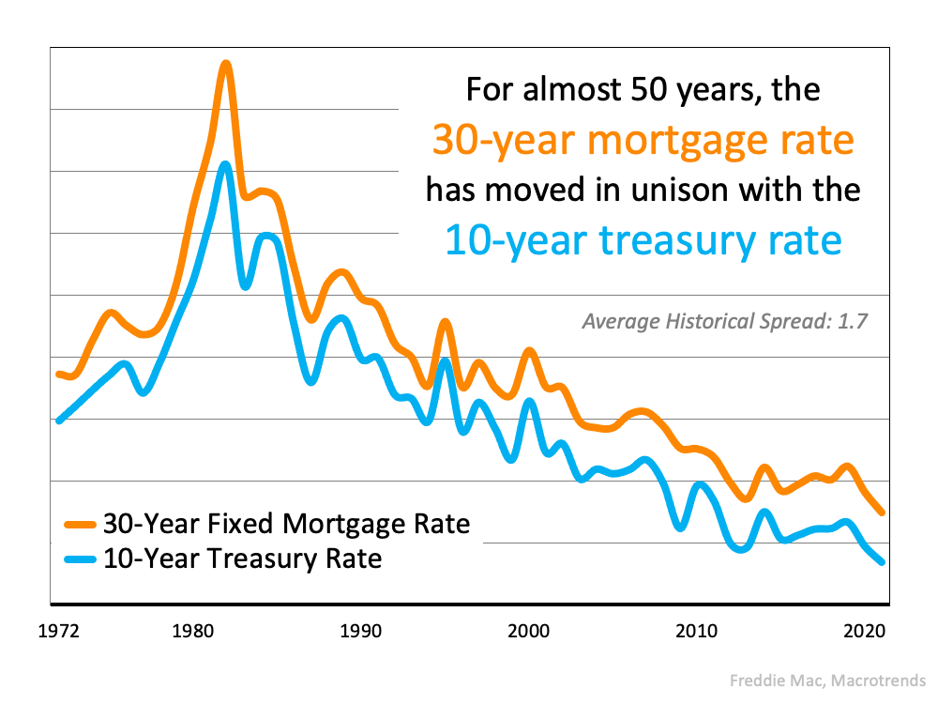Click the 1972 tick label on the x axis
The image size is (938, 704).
(x=60, y=631)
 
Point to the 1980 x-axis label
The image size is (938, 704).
(x=193, y=631)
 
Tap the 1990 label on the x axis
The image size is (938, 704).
(x=360, y=631)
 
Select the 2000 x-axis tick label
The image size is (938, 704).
(x=528, y=631)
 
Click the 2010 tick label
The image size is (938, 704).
(x=695, y=631)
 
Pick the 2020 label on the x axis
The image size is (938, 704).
(x=862, y=631)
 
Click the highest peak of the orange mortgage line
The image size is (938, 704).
(x=225, y=64)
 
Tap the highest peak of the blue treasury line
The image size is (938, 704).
(x=225, y=165)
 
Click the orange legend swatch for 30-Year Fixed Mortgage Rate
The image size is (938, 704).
(x=79, y=524)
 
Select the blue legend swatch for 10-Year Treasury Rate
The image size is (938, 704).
(x=79, y=560)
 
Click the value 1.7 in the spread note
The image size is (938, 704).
(x=854, y=321)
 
